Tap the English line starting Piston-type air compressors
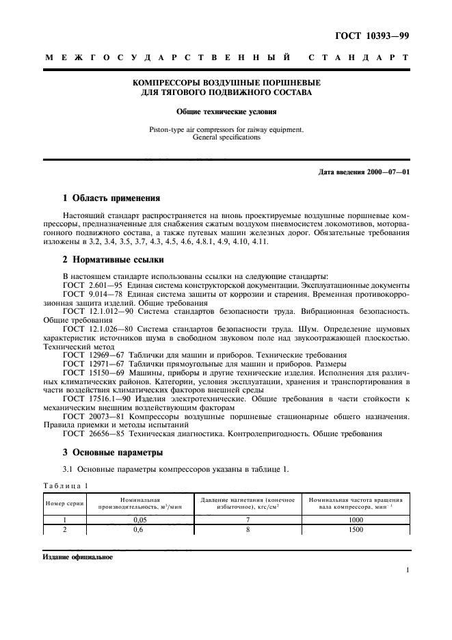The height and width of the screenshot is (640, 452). [x=226, y=129]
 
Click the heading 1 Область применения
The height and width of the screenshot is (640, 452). [x=111, y=199]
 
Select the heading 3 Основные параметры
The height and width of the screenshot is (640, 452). [x=113, y=453]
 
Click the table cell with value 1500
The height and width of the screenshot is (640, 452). [x=356, y=529]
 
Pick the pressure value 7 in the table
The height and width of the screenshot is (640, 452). [x=248, y=520]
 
